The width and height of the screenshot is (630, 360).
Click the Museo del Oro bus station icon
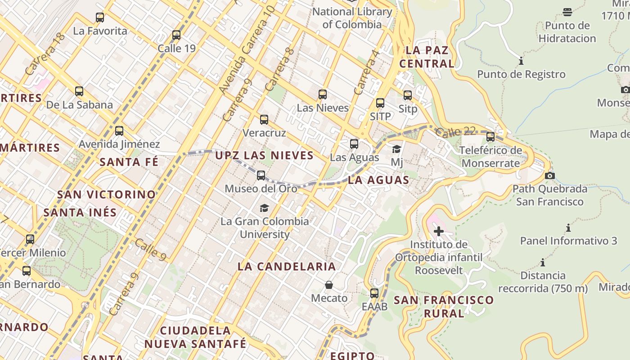pyautogui.click(x=261, y=175)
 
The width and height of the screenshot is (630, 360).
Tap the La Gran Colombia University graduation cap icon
pyautogui.click(x=264, y=208)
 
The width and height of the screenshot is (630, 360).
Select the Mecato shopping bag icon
pyautogui.click(x=329, y=285)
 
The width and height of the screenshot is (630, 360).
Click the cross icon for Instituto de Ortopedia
pyautogui.click(x=438, y=231)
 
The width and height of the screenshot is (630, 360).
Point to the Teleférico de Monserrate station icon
pyautogui.click(x=490, y=136)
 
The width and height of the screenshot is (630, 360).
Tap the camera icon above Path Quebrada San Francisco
pyautogui.click(x=549, y=175)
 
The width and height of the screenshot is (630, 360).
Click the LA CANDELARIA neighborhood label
pyautogui.click(x=287, y=266)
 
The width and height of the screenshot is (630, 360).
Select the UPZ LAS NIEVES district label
pyautogui.click(x=264, y=156)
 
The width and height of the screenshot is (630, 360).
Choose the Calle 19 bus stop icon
pyautogui.click(x=176, y=35)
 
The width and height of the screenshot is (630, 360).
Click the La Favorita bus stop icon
pyautogui.click(x=100, y=18)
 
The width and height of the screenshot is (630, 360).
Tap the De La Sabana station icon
pyautogui.click(x=79, y=91)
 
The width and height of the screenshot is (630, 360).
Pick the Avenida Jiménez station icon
pyautogui.click(x=119, y=131)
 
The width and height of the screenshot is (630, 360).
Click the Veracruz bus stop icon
pyautogui.click(x=264, y=120)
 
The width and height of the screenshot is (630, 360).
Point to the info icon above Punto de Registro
pyautogui.click(x=521, y=61)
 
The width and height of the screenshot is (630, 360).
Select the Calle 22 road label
pyautogui.click(x=455, y=132)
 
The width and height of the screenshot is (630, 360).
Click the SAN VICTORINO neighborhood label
pyautogui.click(x=106, y=195)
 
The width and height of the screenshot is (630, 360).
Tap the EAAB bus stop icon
pyautogui.click(x=374, y=293)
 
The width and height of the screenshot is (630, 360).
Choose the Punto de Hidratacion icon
pyautogui.click(x=567, y=12)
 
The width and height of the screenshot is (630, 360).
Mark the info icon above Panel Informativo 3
pyautogui.click(x=568, y=228)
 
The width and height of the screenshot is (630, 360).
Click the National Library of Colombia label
pyautogui.click(x=352, y=18)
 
